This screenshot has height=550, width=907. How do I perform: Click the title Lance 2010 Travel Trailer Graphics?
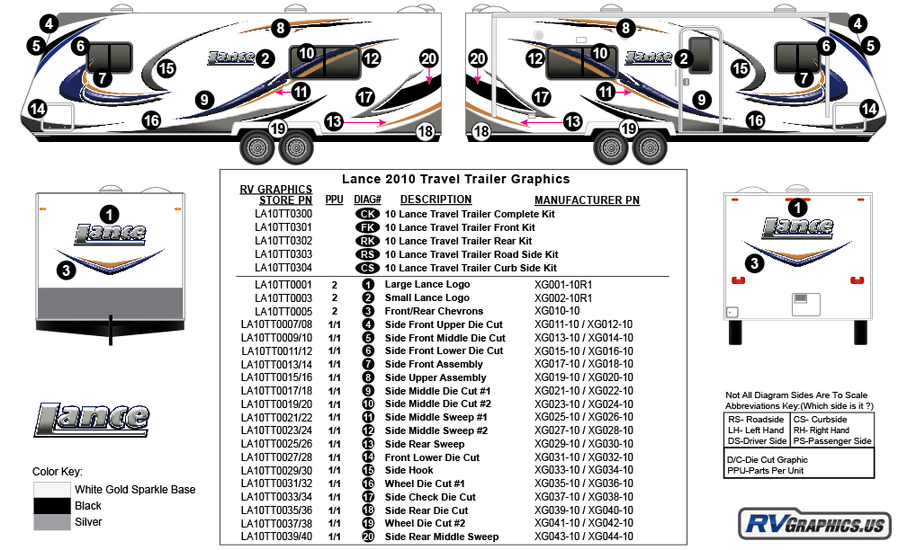pos(455,179)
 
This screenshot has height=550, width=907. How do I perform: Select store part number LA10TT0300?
pos(283,215)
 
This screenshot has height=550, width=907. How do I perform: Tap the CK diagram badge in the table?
pos(368,215)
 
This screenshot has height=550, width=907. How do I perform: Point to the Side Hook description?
pos(409,470)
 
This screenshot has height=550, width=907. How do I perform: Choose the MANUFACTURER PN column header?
pos(587,200)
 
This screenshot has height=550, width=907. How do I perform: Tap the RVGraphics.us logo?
pos(813,523)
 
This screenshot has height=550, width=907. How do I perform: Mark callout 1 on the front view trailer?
pos(109,214)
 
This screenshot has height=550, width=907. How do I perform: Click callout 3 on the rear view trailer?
pos(755,263)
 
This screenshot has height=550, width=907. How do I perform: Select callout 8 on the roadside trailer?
pos(281,28)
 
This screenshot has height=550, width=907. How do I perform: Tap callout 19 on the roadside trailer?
pos(277,129)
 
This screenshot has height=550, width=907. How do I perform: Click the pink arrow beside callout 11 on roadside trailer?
pos(283,92)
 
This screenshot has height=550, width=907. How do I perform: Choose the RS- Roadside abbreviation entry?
pos(756,420)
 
